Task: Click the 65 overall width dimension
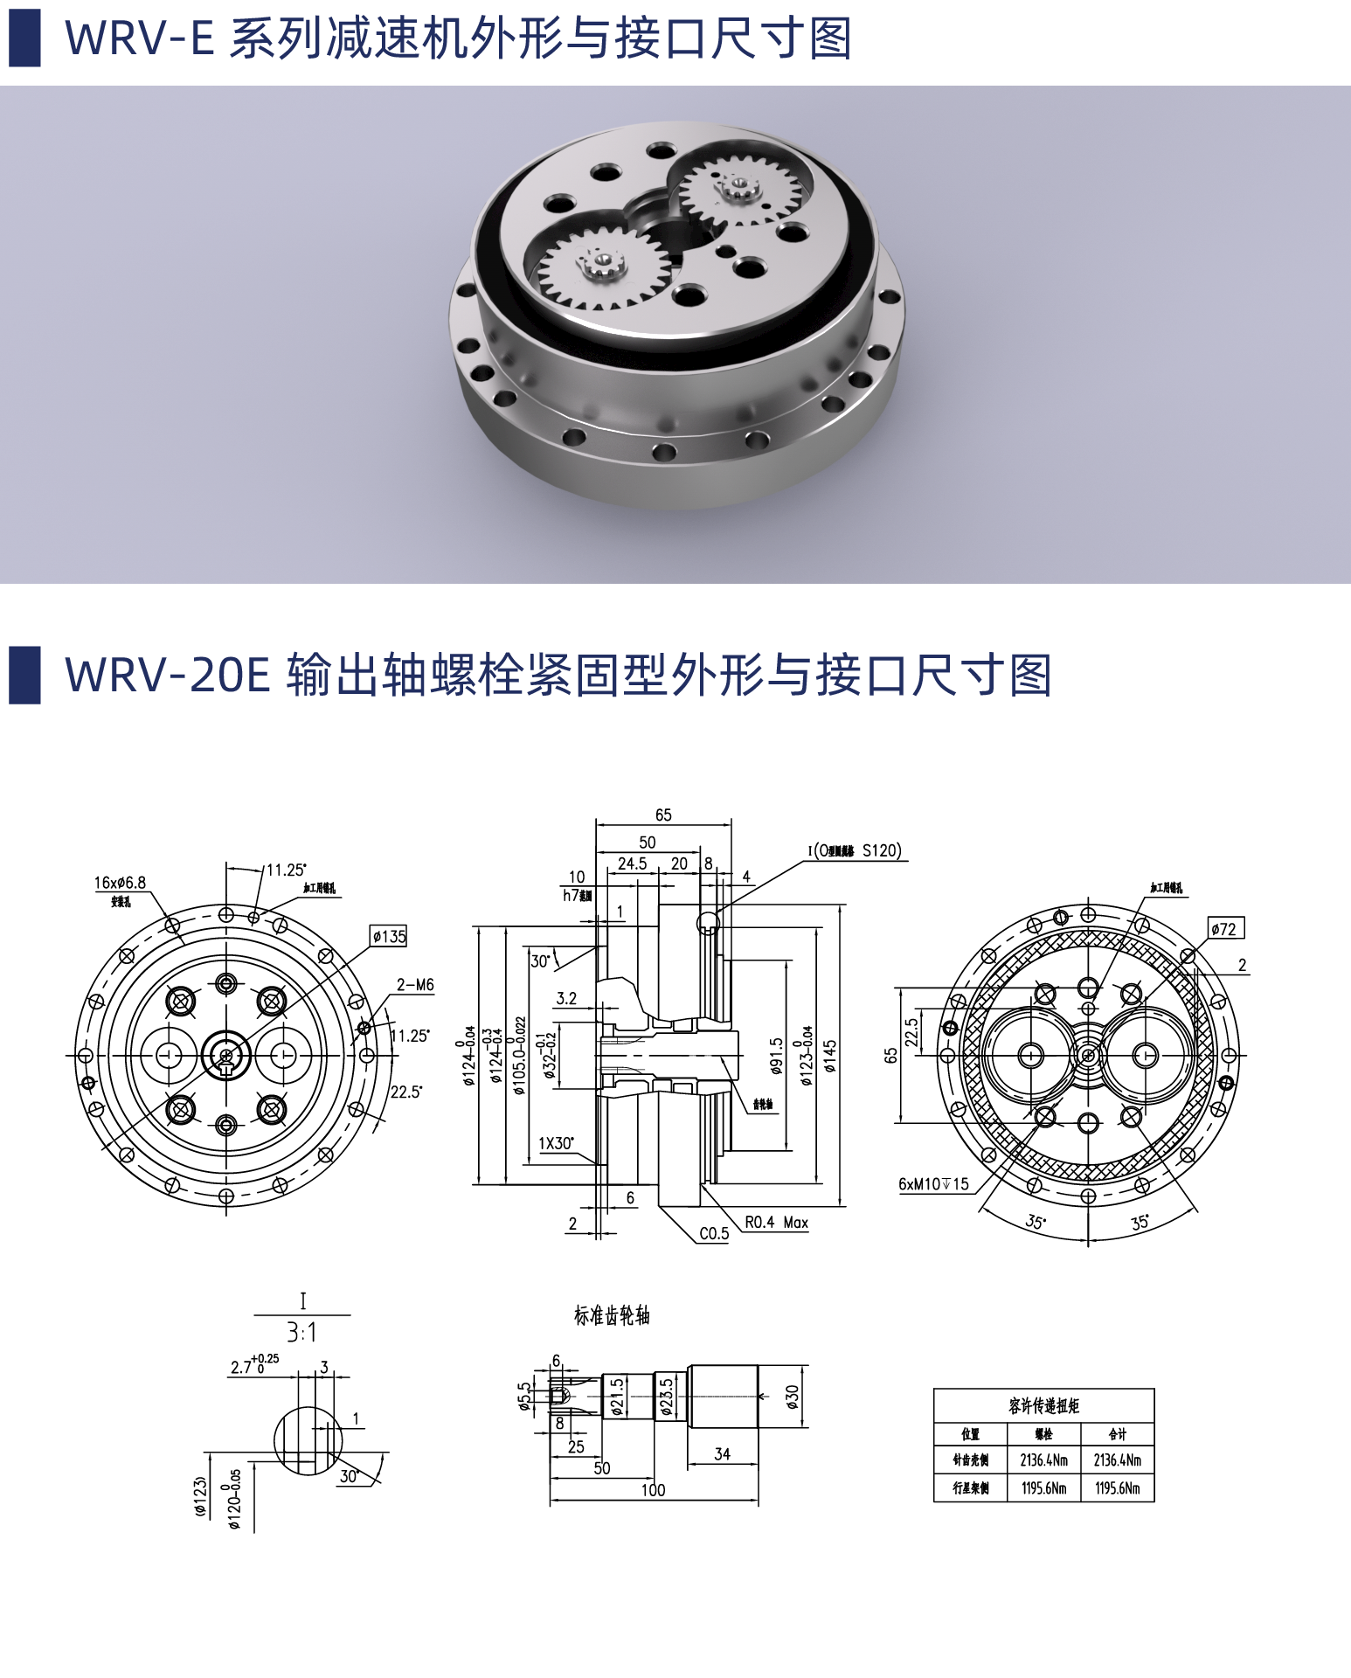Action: (663, 815)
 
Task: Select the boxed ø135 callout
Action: (389, 936)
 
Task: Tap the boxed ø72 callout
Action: (1225, 928)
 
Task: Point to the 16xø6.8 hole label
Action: (121, 883)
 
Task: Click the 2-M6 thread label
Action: (415, 984)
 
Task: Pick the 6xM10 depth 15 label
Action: (933, 1183)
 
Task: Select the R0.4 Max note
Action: (776, 1222)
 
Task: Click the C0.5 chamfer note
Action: (713, 1233)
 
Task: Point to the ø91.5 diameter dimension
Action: (776, 1056)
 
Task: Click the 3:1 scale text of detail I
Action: (301, 1332)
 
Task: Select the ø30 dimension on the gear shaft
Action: (792, 1396)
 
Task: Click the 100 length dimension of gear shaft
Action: (653, 1490)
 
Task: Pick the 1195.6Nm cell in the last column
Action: (1117, 1487)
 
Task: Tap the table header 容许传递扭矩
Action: (1043, 1405)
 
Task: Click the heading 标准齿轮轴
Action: (612, 1315)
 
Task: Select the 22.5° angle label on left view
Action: (406, 1092)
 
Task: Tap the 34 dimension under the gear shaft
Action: (722, 1453)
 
